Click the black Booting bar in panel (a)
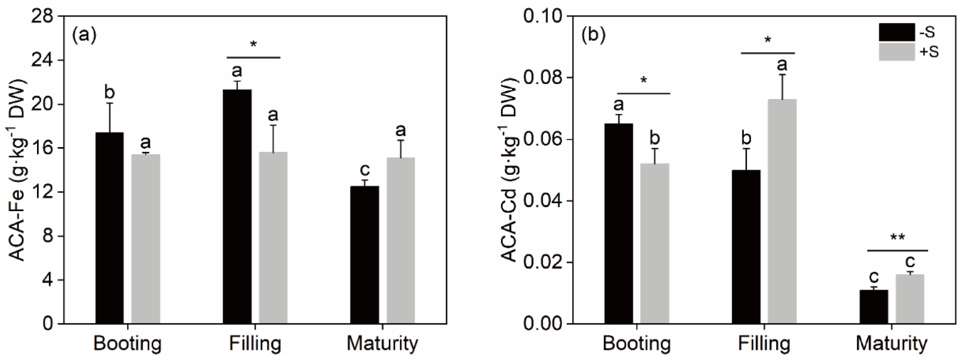(109, 228)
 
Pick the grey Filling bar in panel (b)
(782, 211)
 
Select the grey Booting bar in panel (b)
(655, 243)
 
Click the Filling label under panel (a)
(255, 343)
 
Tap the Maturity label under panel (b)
(891, 343)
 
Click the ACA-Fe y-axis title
(17, 170)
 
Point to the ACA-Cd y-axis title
(510, 170)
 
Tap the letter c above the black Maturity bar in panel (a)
(364, 170)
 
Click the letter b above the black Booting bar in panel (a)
(109, 92)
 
